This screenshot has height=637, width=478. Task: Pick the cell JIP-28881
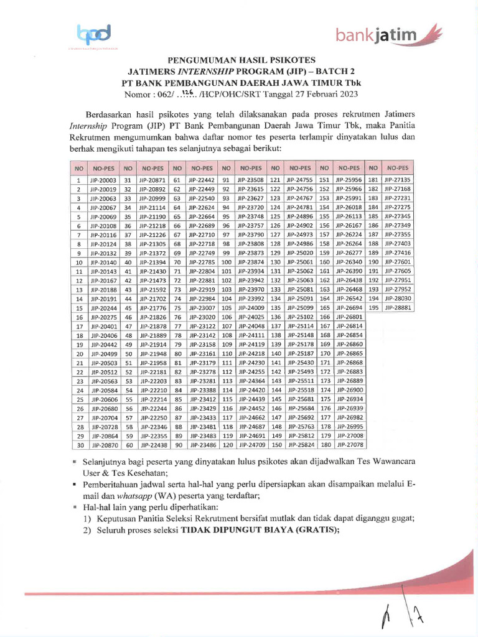point(397,307)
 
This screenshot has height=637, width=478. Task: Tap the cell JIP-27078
point(349,445)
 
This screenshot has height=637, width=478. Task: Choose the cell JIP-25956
point(349,180)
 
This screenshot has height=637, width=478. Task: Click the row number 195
point(373,307)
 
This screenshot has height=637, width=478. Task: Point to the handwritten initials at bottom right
point(408,616)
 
